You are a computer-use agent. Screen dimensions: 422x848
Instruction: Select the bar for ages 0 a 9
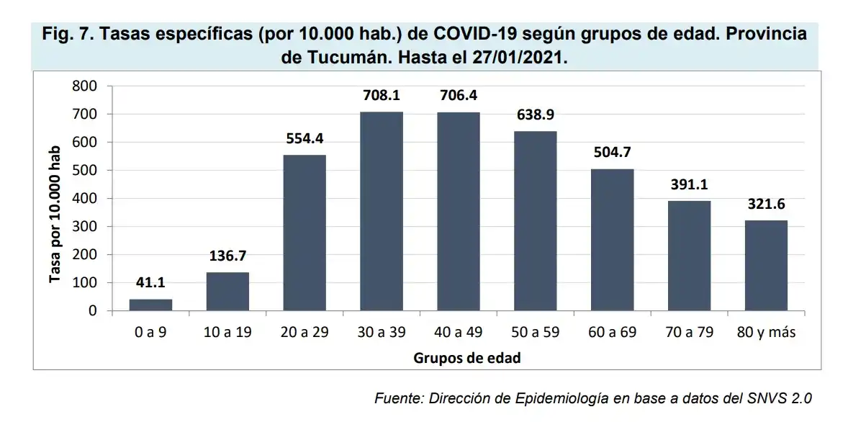coord(150,305)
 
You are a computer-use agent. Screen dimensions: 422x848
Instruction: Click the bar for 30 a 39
coord(382,212)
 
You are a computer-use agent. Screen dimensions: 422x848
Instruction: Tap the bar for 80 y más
coord(766,266)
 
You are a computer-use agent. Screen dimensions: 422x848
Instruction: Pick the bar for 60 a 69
coord(612,240)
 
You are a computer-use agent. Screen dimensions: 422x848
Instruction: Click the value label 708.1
coord(382,96)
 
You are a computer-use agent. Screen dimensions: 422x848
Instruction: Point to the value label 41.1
coord(150,284)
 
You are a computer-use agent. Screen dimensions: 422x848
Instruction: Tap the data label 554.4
coord(305,139)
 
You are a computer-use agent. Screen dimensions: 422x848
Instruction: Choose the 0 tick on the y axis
coord(92,311)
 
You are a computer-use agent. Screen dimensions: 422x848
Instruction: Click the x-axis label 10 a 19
coord(227,332)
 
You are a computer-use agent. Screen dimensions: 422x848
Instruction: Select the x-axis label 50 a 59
coord(535,332)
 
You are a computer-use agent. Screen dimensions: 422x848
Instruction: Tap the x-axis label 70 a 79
coord(689,332)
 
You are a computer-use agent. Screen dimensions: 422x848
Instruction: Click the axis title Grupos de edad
coord(466,358)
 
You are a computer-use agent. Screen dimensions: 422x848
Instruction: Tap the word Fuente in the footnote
coord(398,398)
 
